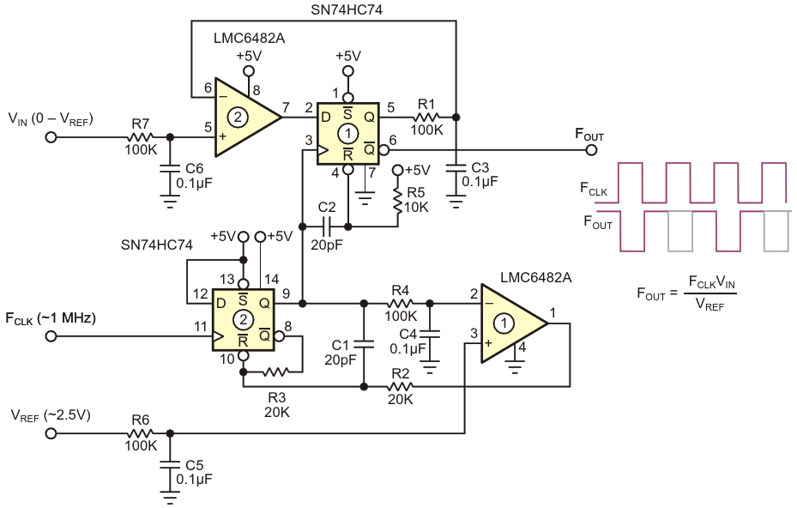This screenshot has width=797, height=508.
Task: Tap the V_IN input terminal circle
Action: [x=51, y=137]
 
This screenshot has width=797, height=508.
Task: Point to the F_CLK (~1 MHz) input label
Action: [x=51, y=317]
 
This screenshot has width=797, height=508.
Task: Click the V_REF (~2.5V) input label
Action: [x=51, y=415]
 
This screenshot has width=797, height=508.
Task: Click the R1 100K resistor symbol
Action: [x=427, y=117]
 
